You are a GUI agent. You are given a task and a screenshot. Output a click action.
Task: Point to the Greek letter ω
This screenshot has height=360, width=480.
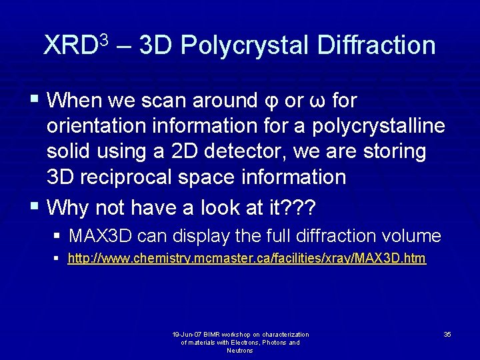tap(317, 102)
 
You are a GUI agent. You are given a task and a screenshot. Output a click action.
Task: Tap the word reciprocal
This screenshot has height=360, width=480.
tap(126, 177)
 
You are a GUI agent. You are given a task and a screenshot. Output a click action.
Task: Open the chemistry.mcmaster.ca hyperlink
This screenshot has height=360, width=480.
tap(247, 258)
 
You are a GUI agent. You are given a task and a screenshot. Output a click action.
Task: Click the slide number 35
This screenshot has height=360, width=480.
tap(447, 334)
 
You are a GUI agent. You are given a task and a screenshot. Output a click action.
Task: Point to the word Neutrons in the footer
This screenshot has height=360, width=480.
tap(240, 351)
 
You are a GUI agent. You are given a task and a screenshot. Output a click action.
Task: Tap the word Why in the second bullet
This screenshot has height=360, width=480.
tap(69, 207)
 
